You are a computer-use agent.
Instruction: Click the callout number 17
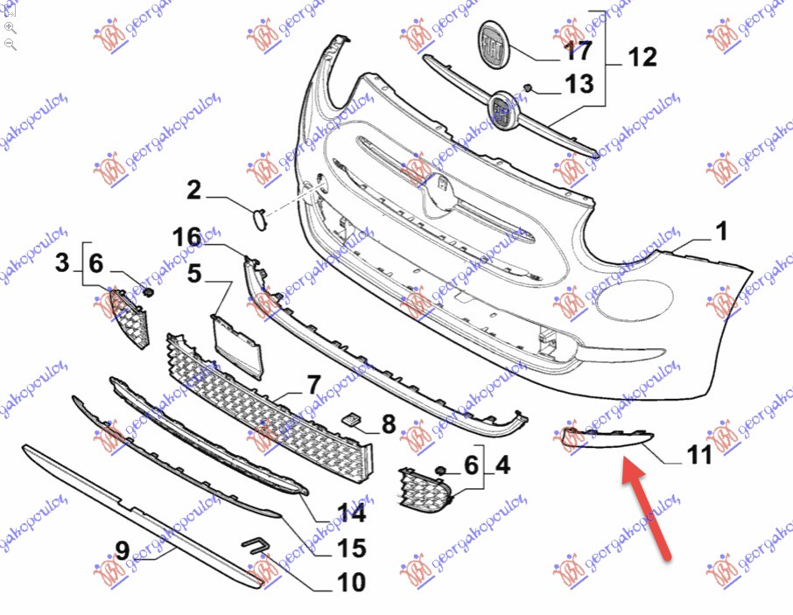pos(578,50)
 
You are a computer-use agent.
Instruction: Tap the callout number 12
pos(642,57)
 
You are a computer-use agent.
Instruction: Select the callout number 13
pos(579,84)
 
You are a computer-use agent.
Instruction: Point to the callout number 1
pos(722,231)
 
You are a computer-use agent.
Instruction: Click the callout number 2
pos(194,190)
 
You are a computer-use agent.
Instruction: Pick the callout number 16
pos(186,237)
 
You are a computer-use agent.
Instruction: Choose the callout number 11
pos(699,454)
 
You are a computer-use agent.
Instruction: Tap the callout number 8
pos(389,424)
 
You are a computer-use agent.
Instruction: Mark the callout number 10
pos(351,582)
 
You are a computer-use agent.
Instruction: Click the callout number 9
pos(123,550)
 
